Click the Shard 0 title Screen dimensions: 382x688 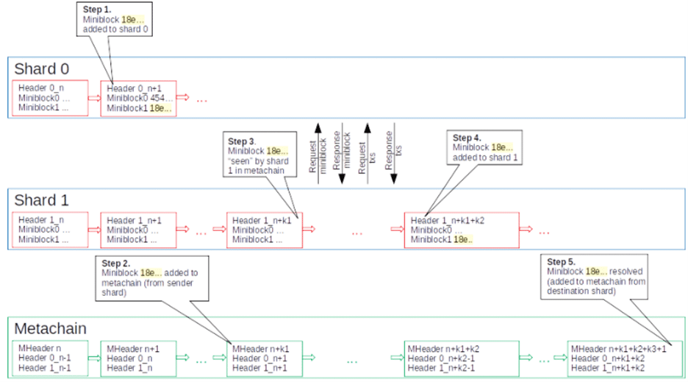[42, 68]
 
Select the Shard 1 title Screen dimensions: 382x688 [42, 200]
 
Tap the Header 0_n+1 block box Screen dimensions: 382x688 [141, 97]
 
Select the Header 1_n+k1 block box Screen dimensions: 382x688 [265, 230]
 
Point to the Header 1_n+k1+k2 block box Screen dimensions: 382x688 [461, 230]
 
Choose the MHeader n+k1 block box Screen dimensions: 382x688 [265, 358]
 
